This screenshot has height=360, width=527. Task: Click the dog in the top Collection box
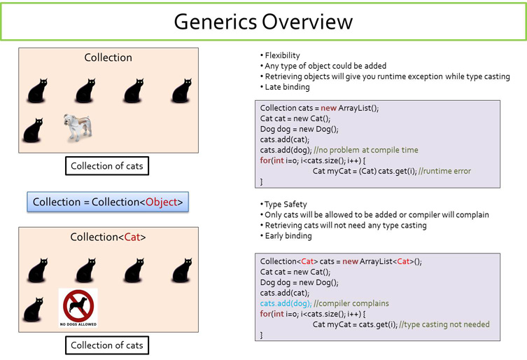point(78,127)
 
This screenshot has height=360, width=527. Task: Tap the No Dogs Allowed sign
point(78,307)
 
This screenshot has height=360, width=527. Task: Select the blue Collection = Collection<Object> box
point(108,202)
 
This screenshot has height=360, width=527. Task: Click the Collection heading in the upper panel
point(108,57)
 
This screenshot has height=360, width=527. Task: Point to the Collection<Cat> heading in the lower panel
point(108,237)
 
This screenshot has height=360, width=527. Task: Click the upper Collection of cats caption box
point(107,166)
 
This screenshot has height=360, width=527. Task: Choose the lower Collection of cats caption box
point(107,345)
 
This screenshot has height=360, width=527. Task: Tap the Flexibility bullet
point(282,55)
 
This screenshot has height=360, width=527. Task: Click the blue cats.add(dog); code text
point(286,303)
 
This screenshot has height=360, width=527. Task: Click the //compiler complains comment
point(352,303)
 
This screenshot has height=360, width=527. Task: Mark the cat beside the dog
point(32,130)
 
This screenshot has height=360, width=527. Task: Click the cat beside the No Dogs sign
point(32,310)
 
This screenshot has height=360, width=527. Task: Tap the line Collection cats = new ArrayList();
point(320,108)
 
